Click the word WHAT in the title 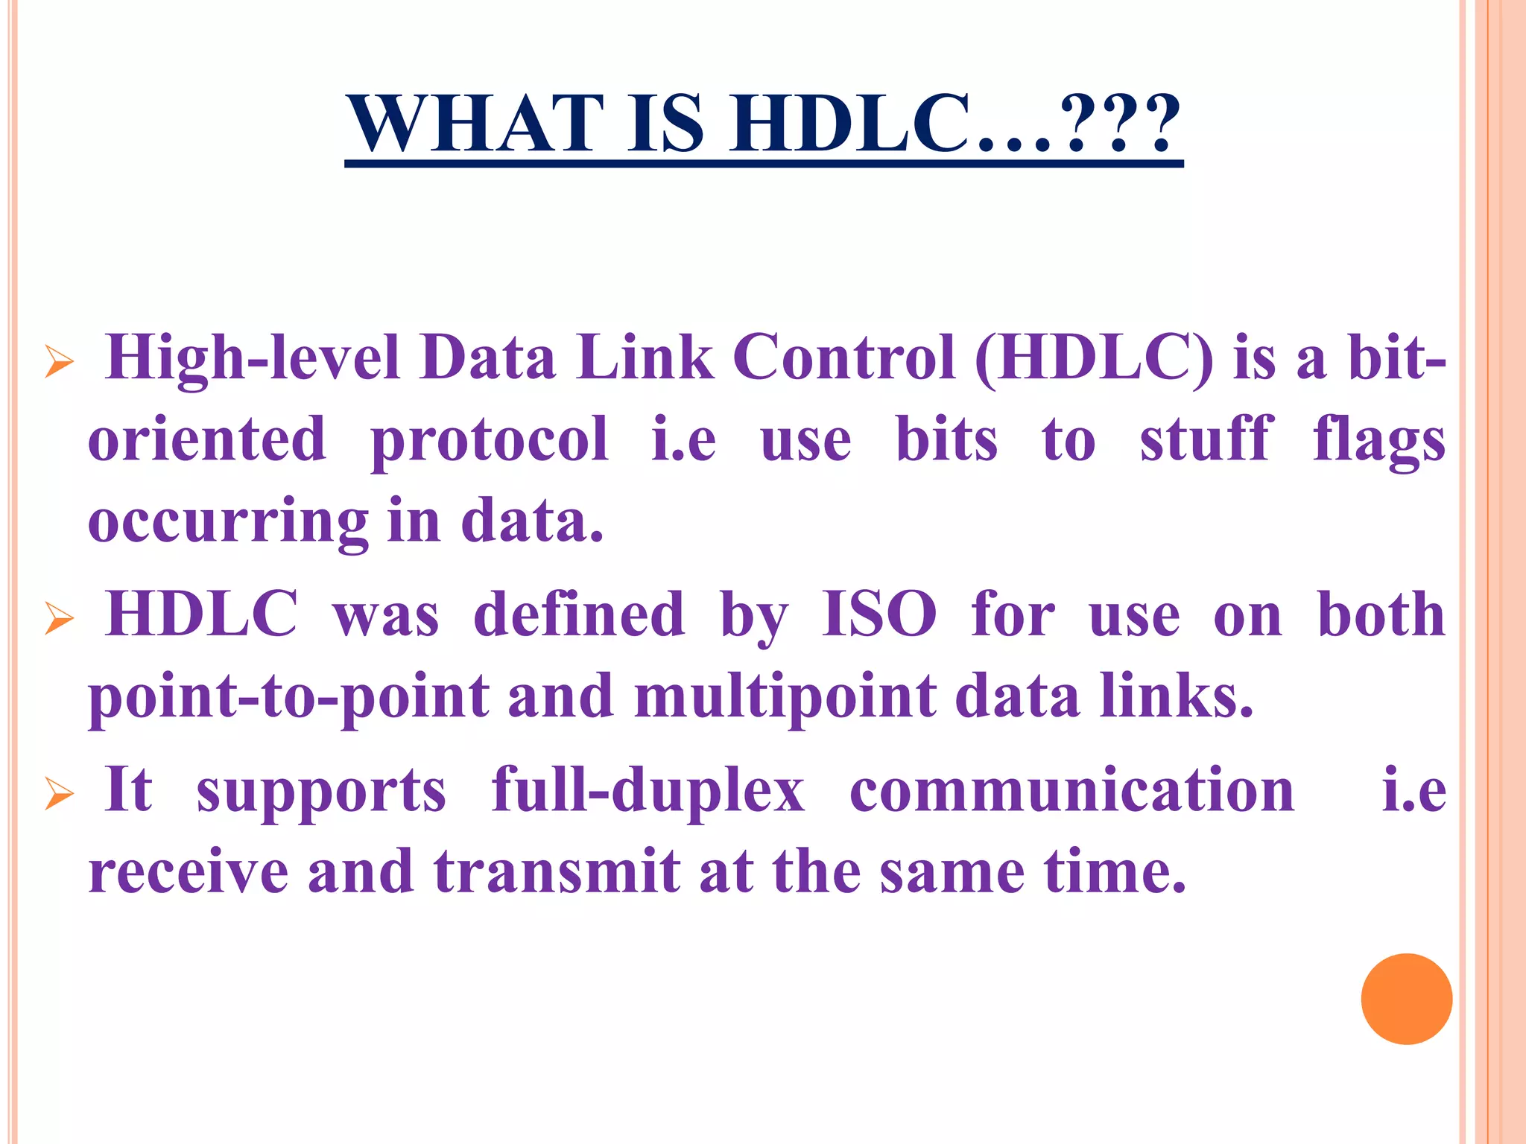point(478,124)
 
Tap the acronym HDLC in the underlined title point(850,124)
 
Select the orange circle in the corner point(1406,999)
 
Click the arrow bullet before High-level point(59,362)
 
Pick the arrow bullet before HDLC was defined point(59,618)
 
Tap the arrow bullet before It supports point(59,793)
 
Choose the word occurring point(228,521)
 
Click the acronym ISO point(878,614)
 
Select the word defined point(579,614)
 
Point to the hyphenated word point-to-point point(289,697)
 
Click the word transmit point(557,871)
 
